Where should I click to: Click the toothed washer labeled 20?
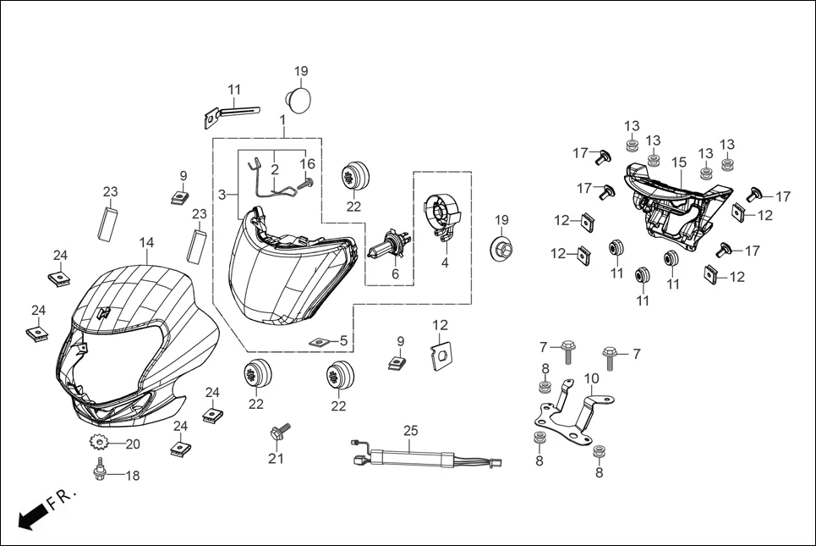[98, 443]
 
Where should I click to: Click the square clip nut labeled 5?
[319, 341]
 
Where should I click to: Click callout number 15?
[678, 162]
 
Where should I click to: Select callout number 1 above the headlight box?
[282, 121]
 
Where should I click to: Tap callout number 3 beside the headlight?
[221, 194]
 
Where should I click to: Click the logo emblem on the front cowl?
[103, 312]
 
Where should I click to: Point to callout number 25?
[410, 431]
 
